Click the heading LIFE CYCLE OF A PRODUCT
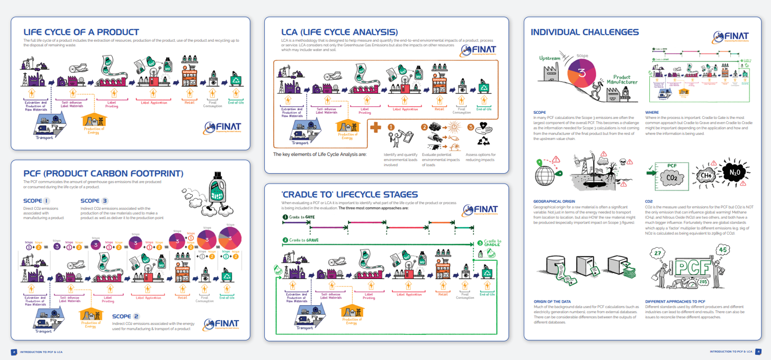pos(81,32)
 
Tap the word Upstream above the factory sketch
pos(550,58)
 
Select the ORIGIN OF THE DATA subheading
pos(554,302)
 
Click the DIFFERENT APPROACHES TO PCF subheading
pos(675,302)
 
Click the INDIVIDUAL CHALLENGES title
pos(585,32)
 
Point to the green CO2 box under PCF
pos(672,177)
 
